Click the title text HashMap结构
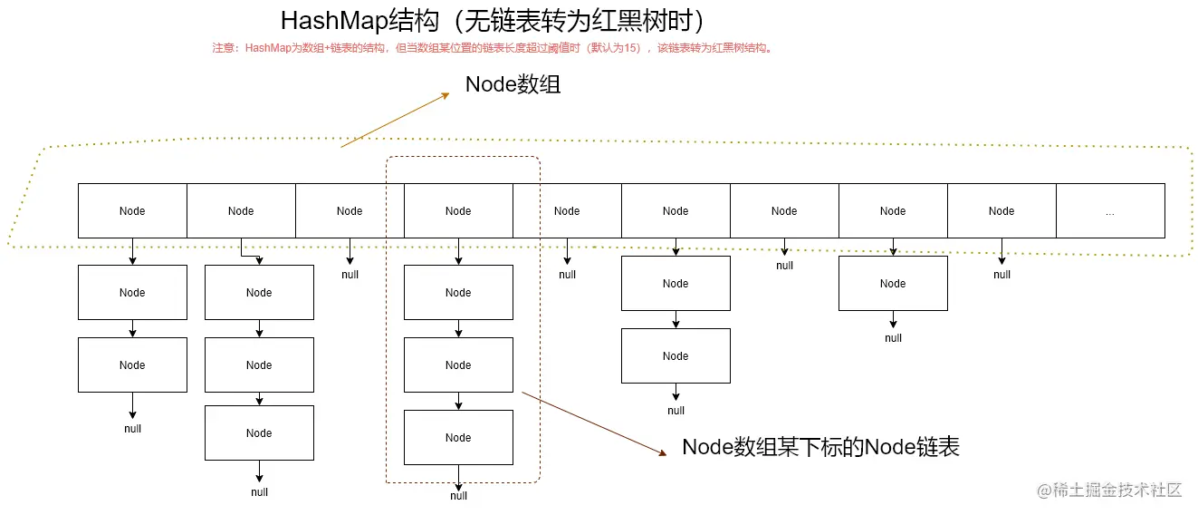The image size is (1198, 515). coord(493,21)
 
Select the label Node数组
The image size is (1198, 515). coord(513,84)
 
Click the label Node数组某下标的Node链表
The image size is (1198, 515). coord(819,447)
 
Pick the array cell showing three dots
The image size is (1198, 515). coord(1110,211)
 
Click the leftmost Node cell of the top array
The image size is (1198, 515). coord(132,211)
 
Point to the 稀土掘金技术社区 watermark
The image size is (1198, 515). coord(1110,491)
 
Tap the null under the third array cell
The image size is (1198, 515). coord(350,275)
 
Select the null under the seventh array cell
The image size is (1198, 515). coord(784,266)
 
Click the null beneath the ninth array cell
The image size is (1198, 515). coord(1002,275)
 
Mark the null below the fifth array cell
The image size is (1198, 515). coord(567,275)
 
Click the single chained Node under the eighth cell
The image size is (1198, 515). coord(893,284)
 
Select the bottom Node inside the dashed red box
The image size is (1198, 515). coord(458,438)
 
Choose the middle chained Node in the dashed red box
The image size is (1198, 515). coord(458,365)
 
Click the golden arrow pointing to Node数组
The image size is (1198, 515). coord(395,120)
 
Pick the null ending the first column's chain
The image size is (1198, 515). coord(132,429)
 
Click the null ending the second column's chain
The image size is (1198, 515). coord(259,492)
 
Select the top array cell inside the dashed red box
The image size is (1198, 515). coord(458,211)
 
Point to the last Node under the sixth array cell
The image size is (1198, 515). coord(676,356)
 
